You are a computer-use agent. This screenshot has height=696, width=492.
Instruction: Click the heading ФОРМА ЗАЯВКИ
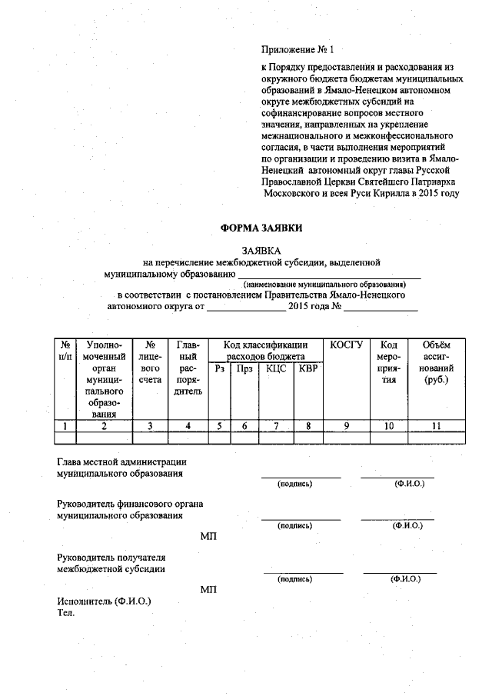[261, 228]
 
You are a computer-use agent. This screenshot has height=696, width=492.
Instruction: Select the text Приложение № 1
[298, 51]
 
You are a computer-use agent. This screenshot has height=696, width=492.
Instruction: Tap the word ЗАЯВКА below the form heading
[261, 251]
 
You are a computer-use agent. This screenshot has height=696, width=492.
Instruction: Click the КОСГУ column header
[346, 345]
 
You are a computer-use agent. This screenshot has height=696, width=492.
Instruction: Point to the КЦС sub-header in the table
[276, 369]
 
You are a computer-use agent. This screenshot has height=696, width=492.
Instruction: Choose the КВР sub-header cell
[307, 369]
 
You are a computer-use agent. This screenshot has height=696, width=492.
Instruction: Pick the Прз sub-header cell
[244, 369]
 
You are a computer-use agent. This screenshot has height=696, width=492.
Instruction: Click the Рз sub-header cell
[220, 369]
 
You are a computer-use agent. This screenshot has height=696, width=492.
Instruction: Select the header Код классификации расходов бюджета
[265, 351]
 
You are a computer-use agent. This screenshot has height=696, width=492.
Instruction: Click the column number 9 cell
[346, 425]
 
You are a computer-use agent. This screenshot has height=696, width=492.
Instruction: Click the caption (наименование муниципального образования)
[330, 284]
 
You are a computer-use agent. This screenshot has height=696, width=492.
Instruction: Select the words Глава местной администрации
[122, 462]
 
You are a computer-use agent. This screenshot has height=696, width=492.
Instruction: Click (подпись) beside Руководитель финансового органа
[295, 526]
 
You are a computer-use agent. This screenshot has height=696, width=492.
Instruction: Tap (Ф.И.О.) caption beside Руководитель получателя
[405, 578]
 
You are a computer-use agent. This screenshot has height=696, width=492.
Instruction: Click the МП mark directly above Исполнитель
[208, 589]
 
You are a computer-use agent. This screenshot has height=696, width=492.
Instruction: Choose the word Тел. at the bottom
[66, 612]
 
